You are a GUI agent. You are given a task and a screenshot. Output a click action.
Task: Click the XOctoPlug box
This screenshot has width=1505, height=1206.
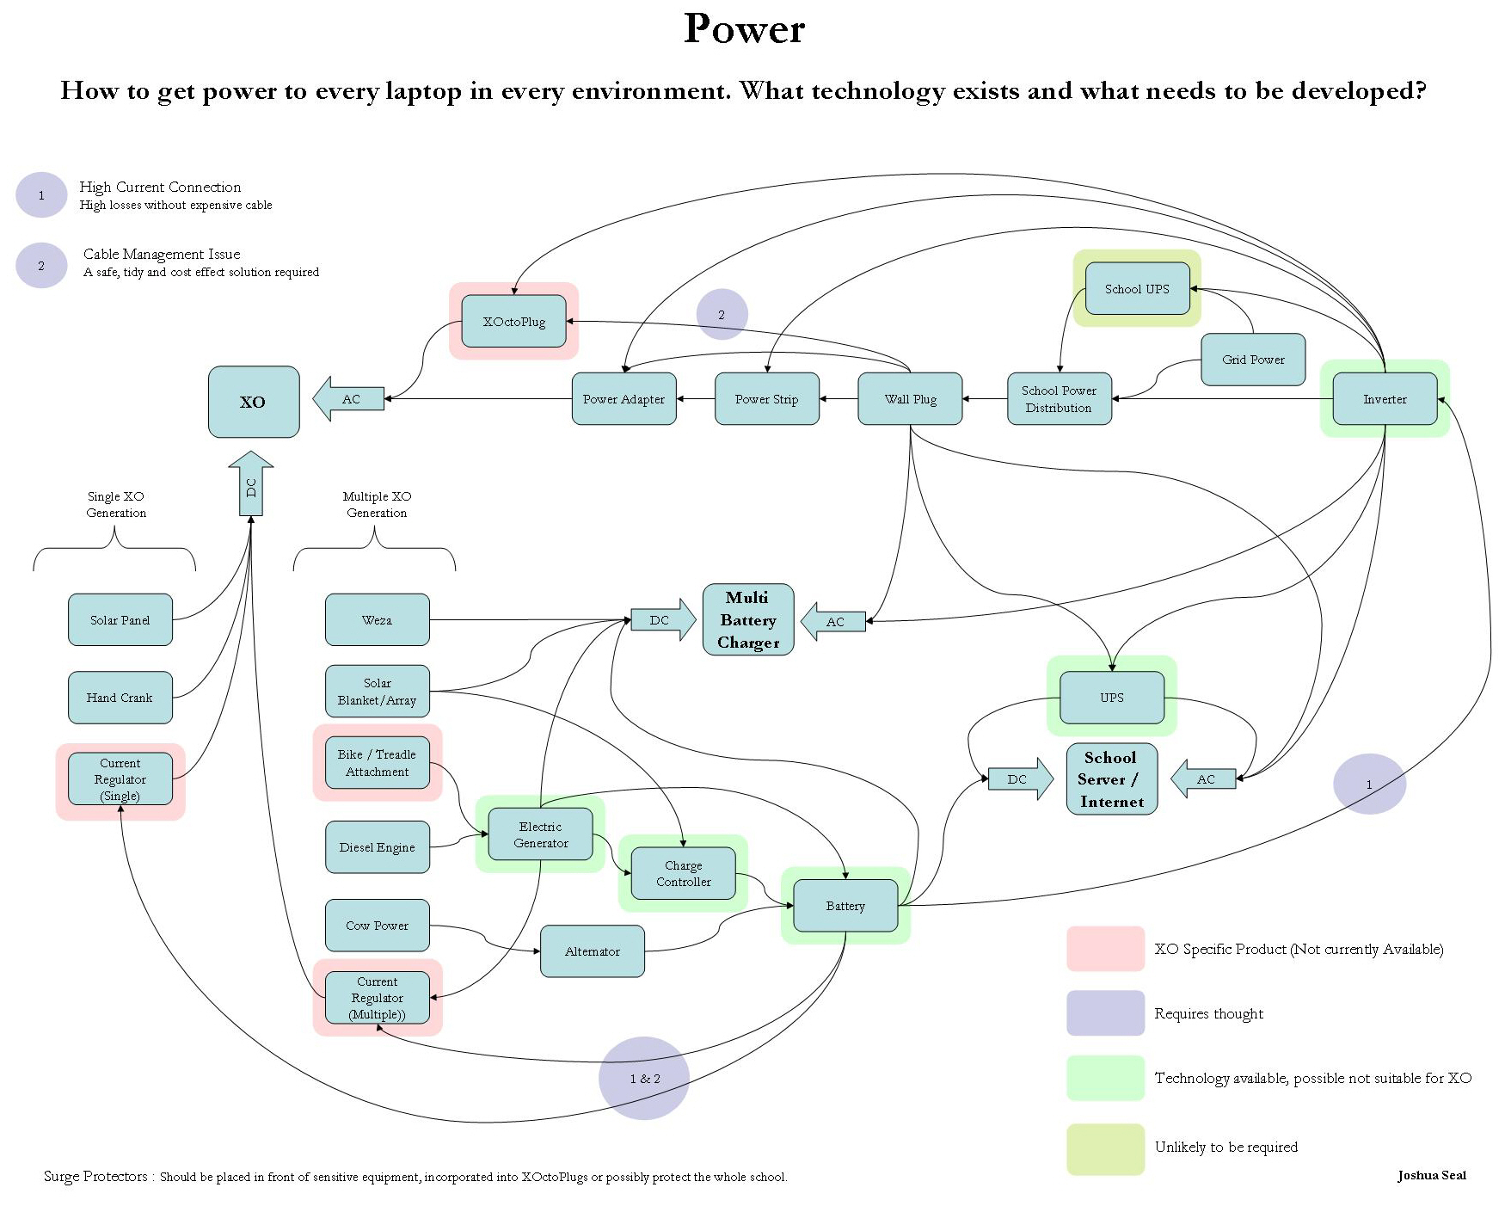[x=513, y=322]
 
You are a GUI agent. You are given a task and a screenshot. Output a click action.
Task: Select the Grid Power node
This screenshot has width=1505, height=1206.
[x=1253, y=360]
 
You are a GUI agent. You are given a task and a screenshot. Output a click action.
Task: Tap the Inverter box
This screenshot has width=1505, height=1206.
[x=1385, y=399]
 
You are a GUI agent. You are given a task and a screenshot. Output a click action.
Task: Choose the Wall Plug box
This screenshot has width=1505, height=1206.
[x=910, y=399]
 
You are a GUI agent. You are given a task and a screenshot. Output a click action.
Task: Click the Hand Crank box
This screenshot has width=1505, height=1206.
[x=120, y=698]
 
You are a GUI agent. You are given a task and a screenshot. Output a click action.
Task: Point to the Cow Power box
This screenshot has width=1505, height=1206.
[x=377, y=926]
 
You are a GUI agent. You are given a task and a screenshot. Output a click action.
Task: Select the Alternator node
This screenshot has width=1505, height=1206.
[x=592, y=951]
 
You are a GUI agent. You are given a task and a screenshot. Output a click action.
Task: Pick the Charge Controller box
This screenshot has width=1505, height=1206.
[x=683, y=874]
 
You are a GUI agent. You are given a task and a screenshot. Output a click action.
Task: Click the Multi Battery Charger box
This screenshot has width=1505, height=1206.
[x=748, y=620]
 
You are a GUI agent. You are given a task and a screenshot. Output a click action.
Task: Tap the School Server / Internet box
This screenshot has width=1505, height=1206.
[x=1111, y=779]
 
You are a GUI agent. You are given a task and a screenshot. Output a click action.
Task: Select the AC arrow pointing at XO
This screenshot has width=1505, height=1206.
[x=348, y=399]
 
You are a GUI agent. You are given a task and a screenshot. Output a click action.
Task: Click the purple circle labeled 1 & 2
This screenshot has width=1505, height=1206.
[x=644, y=1078]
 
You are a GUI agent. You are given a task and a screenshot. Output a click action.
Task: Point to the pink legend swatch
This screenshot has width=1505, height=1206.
[x=1105, y=949]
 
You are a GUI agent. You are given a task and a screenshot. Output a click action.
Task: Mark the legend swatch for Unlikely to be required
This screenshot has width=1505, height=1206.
[x=1105, y=1148]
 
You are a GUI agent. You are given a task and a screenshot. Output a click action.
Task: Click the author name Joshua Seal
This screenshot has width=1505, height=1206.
[x=1431, y=1175]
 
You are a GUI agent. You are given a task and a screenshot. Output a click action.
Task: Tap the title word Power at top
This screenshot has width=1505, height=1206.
[x=744, y=28]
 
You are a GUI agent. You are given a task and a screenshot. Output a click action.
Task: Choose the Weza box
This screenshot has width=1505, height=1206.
[x=377, y=620]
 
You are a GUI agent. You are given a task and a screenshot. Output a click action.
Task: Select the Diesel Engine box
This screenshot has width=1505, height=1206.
[x=377, y=847]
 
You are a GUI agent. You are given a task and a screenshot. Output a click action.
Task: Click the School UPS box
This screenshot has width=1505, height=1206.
[x=1137, y=289]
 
